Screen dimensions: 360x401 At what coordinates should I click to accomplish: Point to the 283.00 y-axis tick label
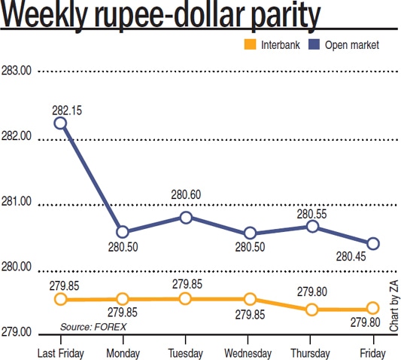pos(17,72)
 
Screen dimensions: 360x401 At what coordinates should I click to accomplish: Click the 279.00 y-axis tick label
pos(17,332)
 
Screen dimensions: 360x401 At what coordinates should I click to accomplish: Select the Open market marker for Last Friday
pos(60,123)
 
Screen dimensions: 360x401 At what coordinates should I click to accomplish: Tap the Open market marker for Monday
pos(123,232)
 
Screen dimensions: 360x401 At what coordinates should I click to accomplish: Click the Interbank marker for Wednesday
pos(250,299)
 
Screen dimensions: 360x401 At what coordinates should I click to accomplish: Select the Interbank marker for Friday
pos(372,308)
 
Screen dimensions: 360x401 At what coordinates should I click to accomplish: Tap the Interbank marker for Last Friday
pos(60,300)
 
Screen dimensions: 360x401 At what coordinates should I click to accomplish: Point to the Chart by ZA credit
pos(393,304)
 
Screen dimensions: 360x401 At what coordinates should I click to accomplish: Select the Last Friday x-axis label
pos(60,352)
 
